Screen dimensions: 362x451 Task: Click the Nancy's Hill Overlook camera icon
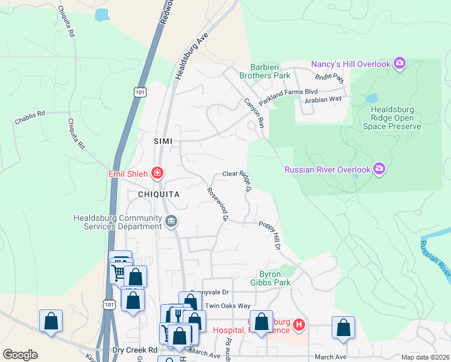tap(399, 63)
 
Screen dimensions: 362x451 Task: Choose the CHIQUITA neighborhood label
tap(159, 194)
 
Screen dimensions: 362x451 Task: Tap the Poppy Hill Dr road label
tap(270, 235)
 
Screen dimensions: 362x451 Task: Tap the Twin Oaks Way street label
tap(227, 306)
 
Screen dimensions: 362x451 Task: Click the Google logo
tap(20, 354)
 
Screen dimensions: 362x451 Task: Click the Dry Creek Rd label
tap(134, 350)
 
